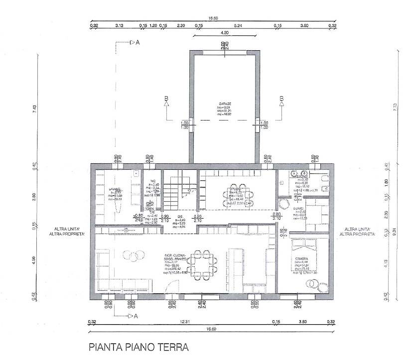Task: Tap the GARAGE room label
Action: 224,105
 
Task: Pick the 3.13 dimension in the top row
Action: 119,24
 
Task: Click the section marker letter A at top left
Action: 137,43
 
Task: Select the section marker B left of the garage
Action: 166,98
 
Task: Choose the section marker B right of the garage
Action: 281,98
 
